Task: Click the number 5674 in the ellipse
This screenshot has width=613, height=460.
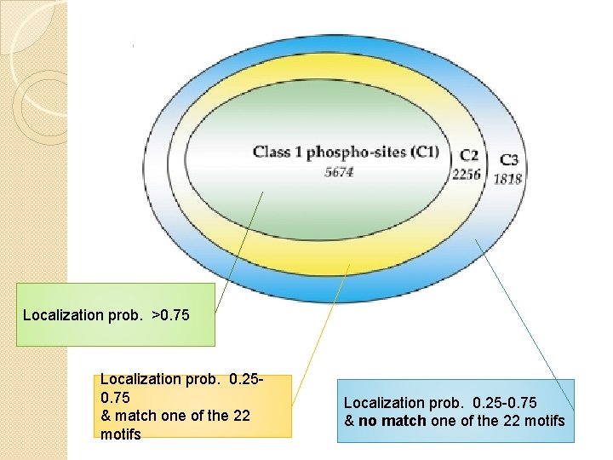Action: pos(339,172)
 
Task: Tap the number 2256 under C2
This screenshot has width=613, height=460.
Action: pos(467,175)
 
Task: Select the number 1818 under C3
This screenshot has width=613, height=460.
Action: pos(508,178)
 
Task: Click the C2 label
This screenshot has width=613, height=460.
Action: pos(469,156)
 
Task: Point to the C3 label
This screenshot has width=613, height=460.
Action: pos(509,159)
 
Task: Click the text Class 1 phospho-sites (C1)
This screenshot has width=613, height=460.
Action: pos(346,152)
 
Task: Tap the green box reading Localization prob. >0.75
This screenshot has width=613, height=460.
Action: pos(116,315)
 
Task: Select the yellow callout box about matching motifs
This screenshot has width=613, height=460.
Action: pos(194,406)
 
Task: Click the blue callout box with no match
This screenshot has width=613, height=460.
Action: pos(455,411)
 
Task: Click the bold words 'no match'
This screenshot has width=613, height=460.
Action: pos(391,421)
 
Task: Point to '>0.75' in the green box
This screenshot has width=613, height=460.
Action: pos(171,316)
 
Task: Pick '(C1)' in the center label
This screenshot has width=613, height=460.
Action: pos(424,152)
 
